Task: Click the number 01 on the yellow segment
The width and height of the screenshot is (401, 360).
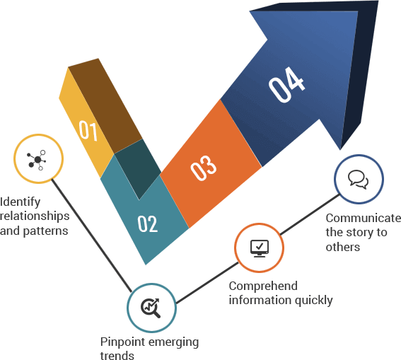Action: (88, 130)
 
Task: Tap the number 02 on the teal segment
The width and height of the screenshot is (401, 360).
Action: (148, 223)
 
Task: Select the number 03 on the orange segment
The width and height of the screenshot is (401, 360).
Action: (204, 168)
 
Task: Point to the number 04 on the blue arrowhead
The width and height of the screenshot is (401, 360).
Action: (286, 85)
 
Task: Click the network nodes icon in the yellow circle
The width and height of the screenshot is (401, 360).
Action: (37, 160)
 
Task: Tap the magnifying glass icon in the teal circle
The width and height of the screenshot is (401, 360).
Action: (151, 308)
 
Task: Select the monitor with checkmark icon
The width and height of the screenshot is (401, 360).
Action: (260, 248)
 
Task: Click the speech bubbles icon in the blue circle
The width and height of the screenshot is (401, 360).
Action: (359, 180)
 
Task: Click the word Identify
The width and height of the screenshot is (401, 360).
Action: (21, 202)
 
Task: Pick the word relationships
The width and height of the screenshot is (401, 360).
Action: (35, 216)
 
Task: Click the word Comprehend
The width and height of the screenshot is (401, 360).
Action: (263, 286)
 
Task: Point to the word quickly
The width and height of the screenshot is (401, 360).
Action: (313, 301)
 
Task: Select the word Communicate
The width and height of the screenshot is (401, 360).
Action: (363, 218)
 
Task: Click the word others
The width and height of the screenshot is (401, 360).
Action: (343, 247)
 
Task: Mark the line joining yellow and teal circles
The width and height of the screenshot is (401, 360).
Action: (91, 236)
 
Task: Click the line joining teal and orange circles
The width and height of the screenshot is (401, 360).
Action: (207, 283)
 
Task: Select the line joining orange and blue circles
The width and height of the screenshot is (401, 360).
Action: (310, 214)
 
